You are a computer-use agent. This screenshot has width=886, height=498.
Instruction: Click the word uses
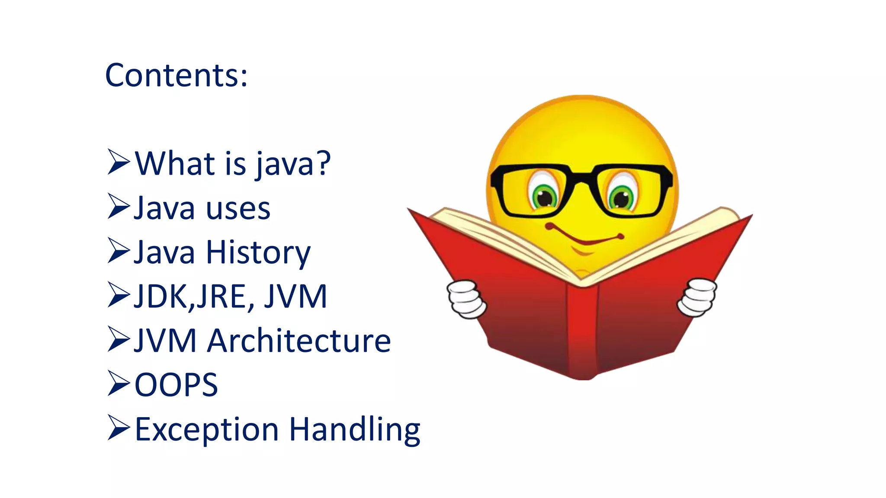click(x=238, y=209)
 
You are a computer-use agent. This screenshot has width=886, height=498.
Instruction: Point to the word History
click(x=258, y=253)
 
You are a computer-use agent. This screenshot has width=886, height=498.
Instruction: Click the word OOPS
click(x=177, y=385)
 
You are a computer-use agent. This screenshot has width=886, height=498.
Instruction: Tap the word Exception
click(x=207, y=430)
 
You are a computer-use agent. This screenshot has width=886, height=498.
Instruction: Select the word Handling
click(x=355, y=430)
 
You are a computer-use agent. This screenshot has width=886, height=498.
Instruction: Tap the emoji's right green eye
click(x=622, y=198)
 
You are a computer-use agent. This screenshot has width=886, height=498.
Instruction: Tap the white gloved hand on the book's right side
click(x=697, y=297)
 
